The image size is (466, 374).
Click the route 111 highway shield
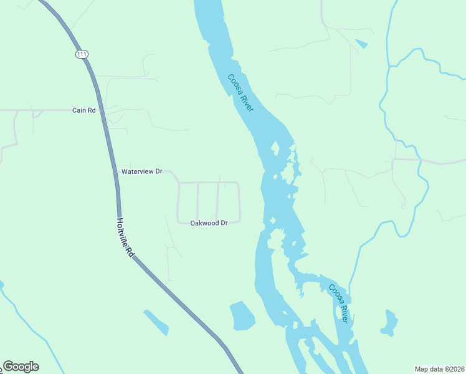coord(82,55)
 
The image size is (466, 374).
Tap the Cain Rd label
coord(83,110)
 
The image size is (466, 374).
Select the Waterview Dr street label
coord(141,171)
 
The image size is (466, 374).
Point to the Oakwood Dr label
coord(209,223)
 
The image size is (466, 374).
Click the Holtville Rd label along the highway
coord(125,237)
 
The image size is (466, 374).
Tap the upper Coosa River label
coord(240,93)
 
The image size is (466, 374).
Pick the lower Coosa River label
coord(338,303)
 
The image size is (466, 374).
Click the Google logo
coord(21,367)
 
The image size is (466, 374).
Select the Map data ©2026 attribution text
coord(440,368)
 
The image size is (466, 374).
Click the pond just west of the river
coord(242,316)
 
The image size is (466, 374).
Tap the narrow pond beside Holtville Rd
coord(156,322)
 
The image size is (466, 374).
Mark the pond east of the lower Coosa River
coord(389,323)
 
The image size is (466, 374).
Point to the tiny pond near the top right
coord(361,44)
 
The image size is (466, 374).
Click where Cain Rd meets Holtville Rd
coord(102,110)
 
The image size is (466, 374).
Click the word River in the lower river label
coord(343,312)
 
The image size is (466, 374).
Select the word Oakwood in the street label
coord(204,223)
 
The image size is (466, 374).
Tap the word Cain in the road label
coord(79,110)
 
